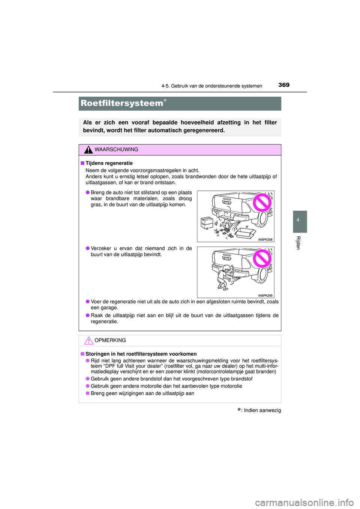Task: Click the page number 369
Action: point(284,85)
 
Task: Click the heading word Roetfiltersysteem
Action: point(122,103)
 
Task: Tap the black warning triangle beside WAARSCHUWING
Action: point(88,150)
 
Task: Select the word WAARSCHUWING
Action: point(116,150)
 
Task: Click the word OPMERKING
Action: point(110,340)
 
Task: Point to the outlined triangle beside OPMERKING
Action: point(88,341)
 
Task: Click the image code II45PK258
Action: point(265,240)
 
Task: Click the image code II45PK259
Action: point(265,295)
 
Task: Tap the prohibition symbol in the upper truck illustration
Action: point(262,203)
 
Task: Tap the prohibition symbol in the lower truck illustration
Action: point(262,259)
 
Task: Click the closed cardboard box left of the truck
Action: point(207,223)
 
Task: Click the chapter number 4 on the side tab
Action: point(298,220)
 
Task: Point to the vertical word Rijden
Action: point(298,243)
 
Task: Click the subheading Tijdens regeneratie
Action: point(109,163)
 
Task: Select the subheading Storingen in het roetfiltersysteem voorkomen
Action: point(141,354)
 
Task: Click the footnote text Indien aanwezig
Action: point(262,410)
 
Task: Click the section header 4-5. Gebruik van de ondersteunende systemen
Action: point(211,86)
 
